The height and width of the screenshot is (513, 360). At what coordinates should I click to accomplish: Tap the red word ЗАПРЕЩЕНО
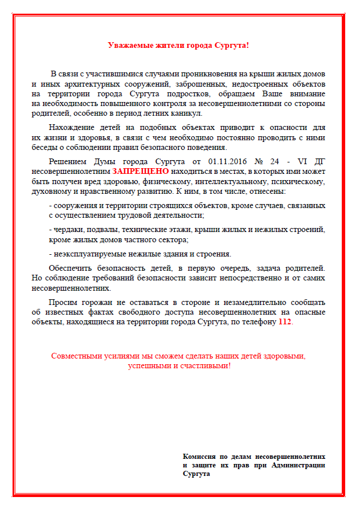[140, 170]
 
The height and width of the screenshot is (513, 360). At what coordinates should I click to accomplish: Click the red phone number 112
[284, 322]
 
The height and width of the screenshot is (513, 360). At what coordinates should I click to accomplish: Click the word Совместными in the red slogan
[75, 356]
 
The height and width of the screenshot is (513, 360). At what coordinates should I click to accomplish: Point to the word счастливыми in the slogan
[204, 365]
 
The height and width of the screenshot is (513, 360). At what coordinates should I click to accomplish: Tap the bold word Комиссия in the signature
[199, 457]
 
